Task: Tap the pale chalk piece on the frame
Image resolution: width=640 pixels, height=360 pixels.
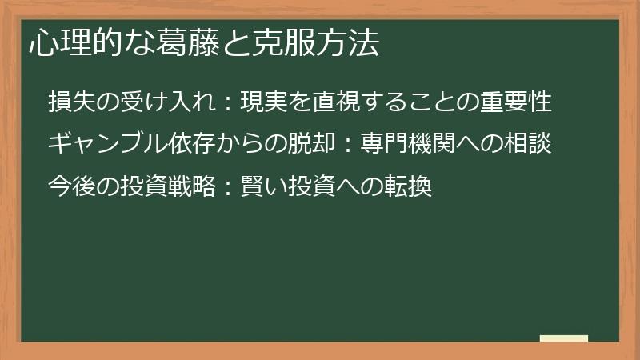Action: point(563,339)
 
